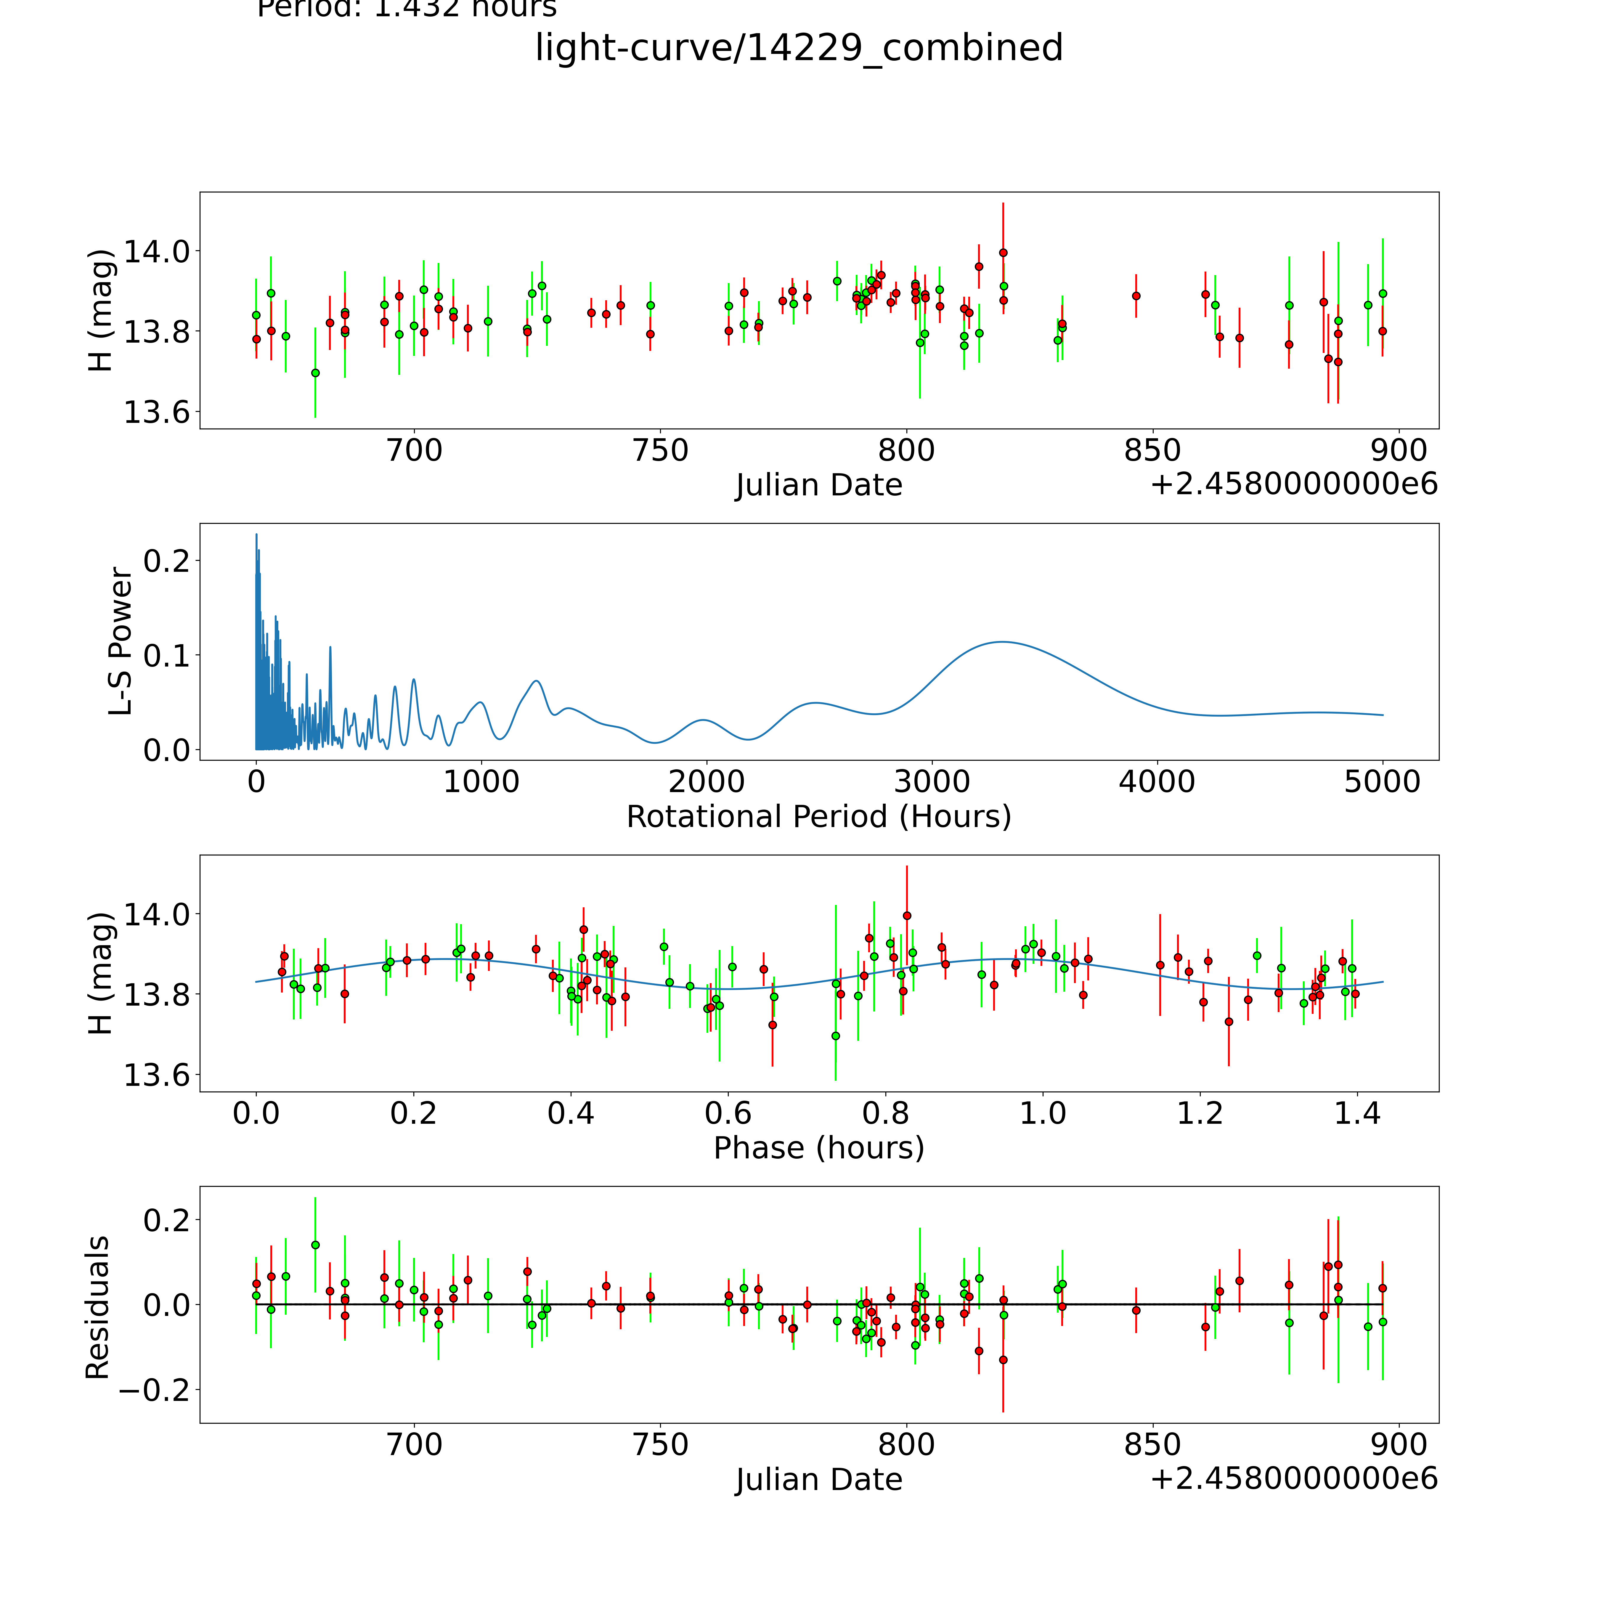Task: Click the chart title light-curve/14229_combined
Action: [799, 47]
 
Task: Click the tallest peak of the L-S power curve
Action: [256, 535]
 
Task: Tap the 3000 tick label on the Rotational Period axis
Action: [932, 781]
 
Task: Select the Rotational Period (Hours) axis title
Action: [818, 817]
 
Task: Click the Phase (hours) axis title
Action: [818, 1148]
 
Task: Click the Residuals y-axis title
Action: [98, 1308]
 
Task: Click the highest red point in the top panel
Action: [1003, 252]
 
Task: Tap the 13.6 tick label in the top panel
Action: [155, 412]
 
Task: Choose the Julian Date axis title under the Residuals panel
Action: [818, 1480]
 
